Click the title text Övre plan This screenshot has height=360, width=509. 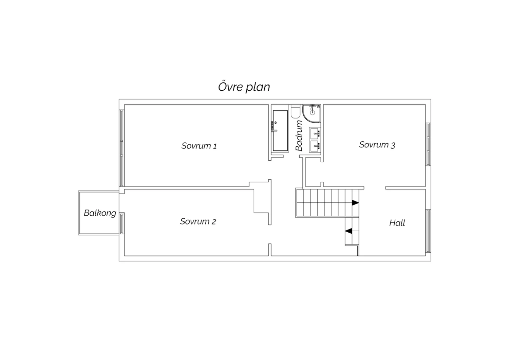(x=244, y=87)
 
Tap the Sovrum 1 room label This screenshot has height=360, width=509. (x=199, y=146)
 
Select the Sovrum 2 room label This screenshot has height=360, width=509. (x=198, y=221)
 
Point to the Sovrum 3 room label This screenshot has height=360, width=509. (x=377, y=145)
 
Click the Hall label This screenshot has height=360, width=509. (x=397, y=223)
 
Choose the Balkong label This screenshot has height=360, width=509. (x=100, y=213)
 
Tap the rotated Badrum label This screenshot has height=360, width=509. (x=299, y=136)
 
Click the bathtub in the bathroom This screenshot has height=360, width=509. (x=280, y=130)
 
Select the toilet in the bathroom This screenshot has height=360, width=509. (x=296, y=111)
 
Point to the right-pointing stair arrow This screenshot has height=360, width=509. (x=355, y=202)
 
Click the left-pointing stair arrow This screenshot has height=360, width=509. (x=348, y=231)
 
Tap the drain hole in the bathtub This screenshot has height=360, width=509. (x=276, y=123)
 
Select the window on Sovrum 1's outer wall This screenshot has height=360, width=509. (x=122, y=148)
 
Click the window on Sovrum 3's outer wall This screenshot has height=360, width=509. (x=428, y=144)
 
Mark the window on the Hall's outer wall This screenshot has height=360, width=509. (x=428, y=231)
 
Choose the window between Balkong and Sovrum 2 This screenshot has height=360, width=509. (x=122, y=223)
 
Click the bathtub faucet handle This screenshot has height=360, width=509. (x=275, y=130)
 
